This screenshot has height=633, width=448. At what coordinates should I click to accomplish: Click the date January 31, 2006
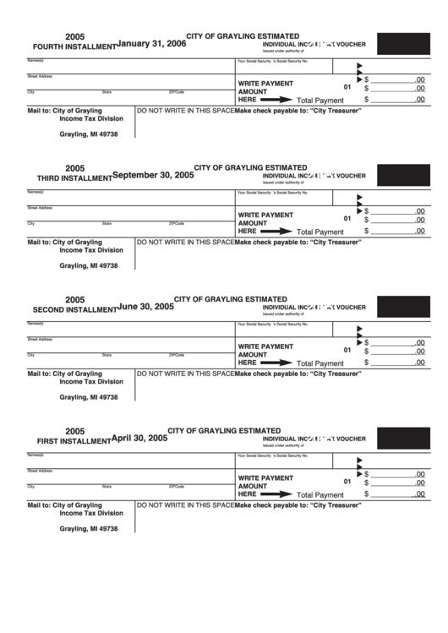151,43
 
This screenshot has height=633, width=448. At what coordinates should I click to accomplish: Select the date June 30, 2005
146,307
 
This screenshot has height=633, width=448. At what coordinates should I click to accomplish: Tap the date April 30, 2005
140,439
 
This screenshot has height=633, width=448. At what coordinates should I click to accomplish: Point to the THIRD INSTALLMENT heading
74,179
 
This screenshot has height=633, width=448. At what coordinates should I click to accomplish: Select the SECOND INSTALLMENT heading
74,310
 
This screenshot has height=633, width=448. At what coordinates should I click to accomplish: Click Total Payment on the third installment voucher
320,232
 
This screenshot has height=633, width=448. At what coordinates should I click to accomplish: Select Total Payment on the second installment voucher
320,363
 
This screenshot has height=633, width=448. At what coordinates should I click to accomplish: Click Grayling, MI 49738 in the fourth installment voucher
89,134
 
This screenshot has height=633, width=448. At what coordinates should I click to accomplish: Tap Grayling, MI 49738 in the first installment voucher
89,529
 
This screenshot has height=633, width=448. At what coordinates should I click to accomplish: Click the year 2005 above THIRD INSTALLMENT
76,167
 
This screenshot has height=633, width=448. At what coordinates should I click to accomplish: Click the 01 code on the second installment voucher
347,351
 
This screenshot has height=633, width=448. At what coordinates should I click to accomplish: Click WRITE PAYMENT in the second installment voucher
265,347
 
